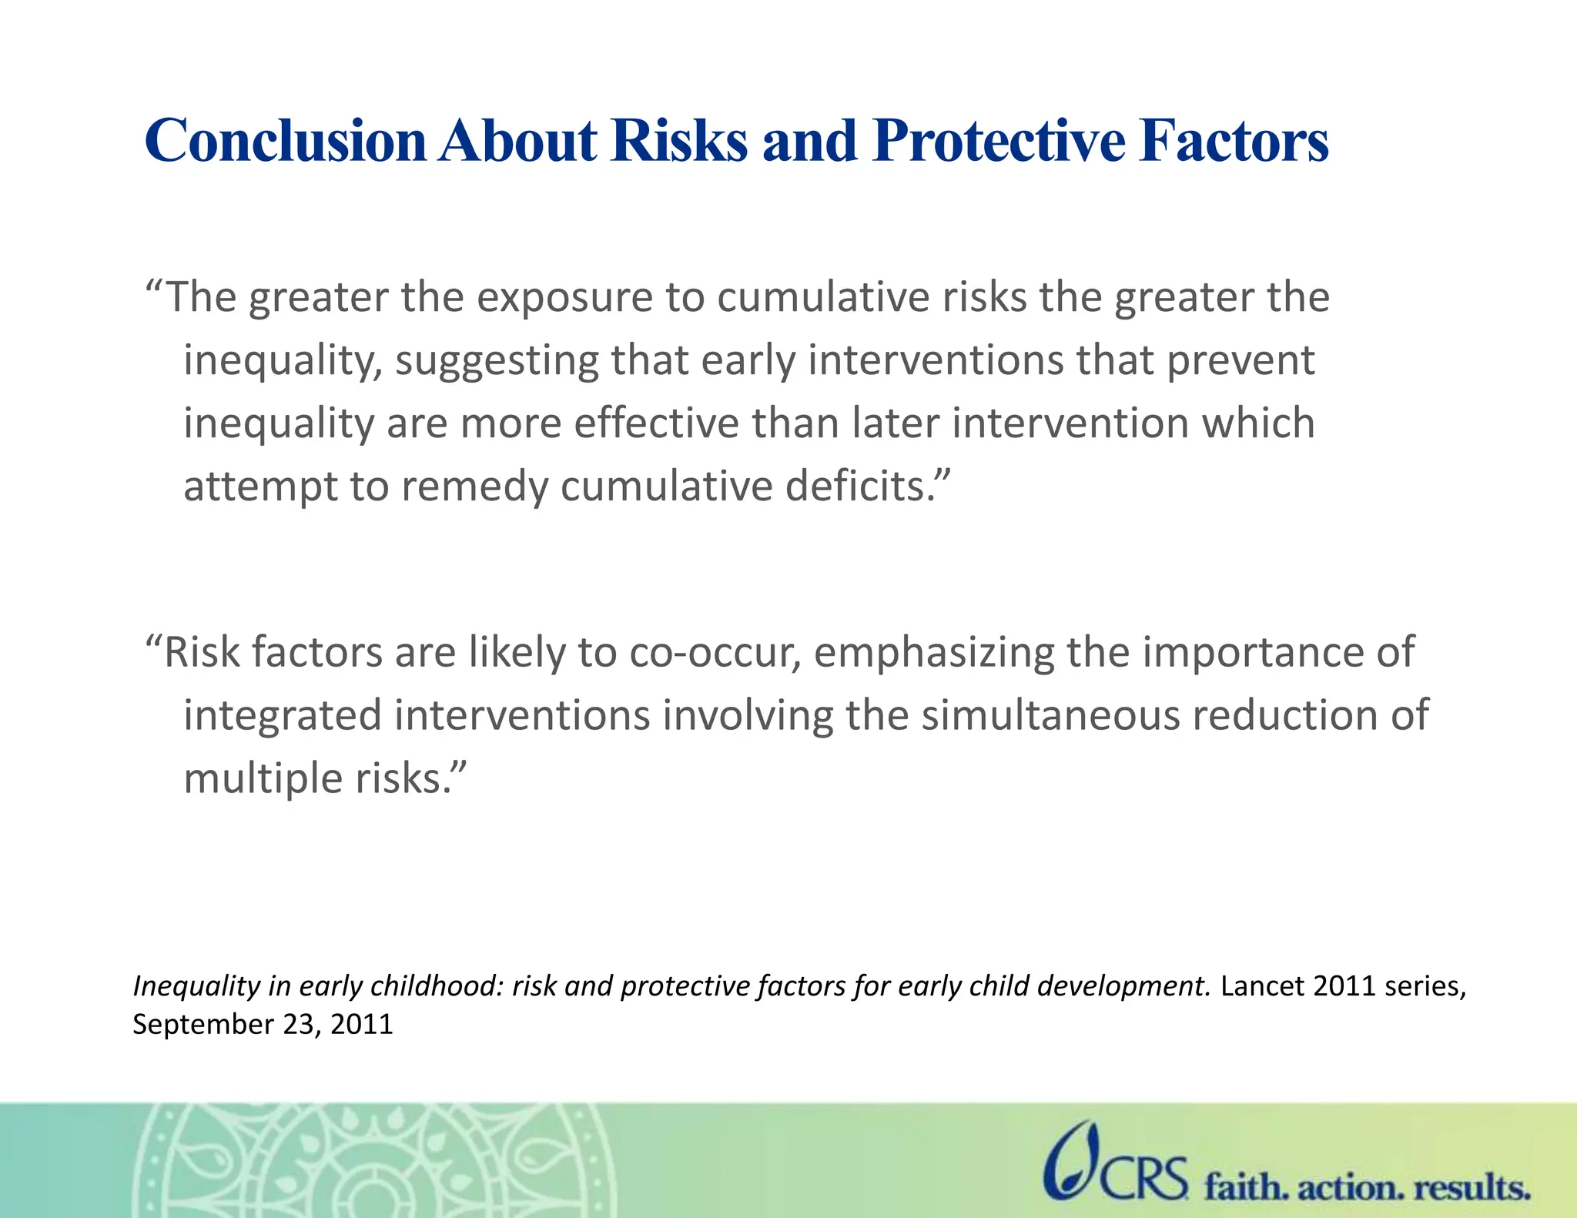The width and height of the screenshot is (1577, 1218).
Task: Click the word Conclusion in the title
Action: coord(285,141)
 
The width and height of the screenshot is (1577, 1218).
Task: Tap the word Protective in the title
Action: coord(998,141)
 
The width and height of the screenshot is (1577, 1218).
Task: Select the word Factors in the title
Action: coord(1234,141)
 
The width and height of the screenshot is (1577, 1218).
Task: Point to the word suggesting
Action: coord(497,361)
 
